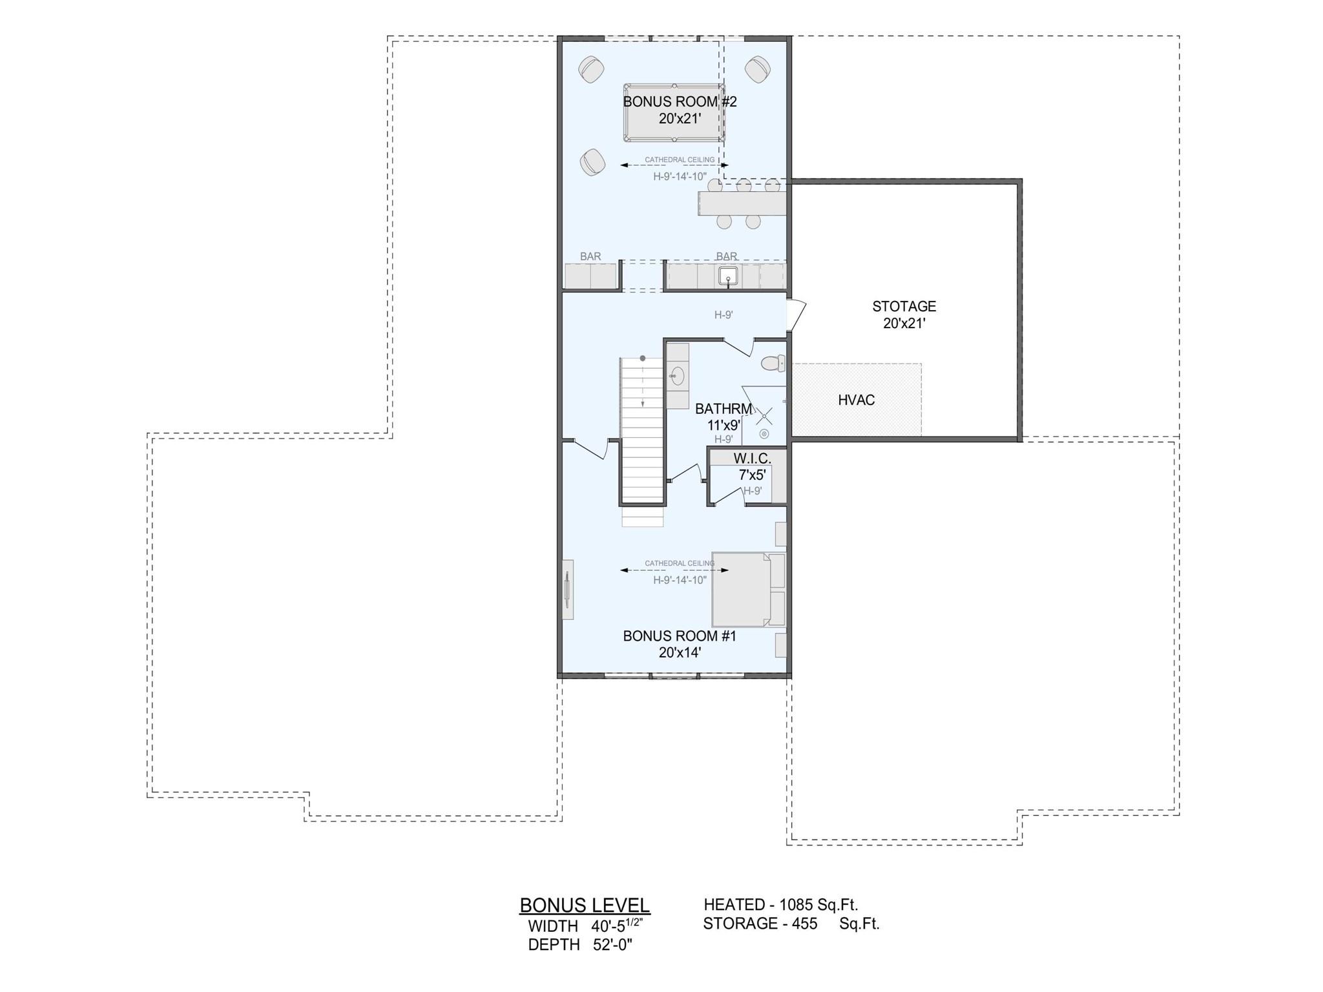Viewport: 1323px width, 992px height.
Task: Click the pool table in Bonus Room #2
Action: point(674,112)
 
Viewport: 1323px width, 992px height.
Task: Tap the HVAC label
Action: point(856,400)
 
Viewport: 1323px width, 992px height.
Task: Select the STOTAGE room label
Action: point(904,306)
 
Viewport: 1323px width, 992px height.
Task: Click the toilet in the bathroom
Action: point(773,364)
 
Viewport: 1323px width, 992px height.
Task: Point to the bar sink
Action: point(728,276)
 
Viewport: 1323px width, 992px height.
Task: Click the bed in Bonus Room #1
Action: point(748,589)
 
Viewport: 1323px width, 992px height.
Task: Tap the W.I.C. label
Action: point(752,459)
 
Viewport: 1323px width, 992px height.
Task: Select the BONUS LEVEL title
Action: point(585,905)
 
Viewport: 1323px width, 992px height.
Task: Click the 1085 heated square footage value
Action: point(797,905)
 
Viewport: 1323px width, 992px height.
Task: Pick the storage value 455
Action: point(805,924)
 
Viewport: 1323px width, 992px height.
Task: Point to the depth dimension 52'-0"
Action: point(612,945)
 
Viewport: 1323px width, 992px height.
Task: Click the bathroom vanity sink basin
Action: point(677,376)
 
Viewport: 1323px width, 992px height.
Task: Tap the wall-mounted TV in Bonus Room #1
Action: point(567,590)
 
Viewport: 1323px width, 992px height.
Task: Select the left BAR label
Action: point(590,256)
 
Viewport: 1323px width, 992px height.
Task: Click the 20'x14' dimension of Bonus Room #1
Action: point(680,652)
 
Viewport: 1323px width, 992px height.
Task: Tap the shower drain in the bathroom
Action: point(764,434)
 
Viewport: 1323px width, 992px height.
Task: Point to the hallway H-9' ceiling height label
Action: point(724,315)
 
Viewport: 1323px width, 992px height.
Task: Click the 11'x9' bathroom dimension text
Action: point(724,426)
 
